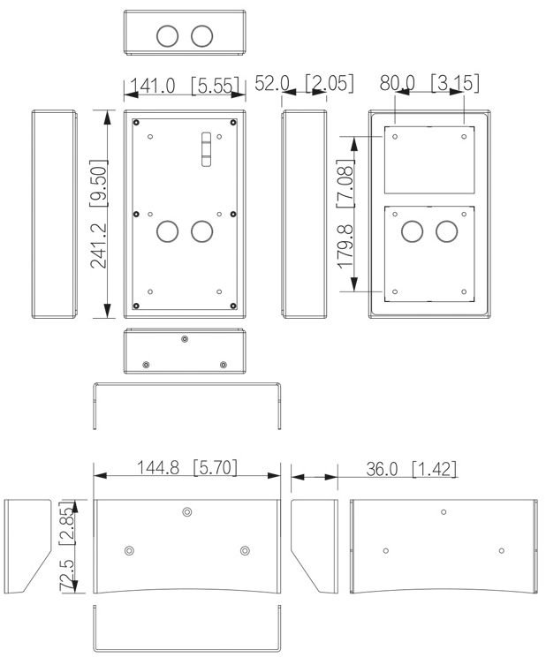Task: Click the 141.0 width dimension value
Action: tap(152, 86)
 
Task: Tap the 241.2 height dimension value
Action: tap(99, 246)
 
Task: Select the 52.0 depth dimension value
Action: tap(272, 83)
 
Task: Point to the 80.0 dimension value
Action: tap(397, 83)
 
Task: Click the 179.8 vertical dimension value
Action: tap(345, 246)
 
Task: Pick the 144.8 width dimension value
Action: tap(158, 468)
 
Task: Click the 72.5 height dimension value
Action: tap(66, 575)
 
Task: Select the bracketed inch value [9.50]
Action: tap(99, 183)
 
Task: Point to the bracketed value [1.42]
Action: tap(435, 469)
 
